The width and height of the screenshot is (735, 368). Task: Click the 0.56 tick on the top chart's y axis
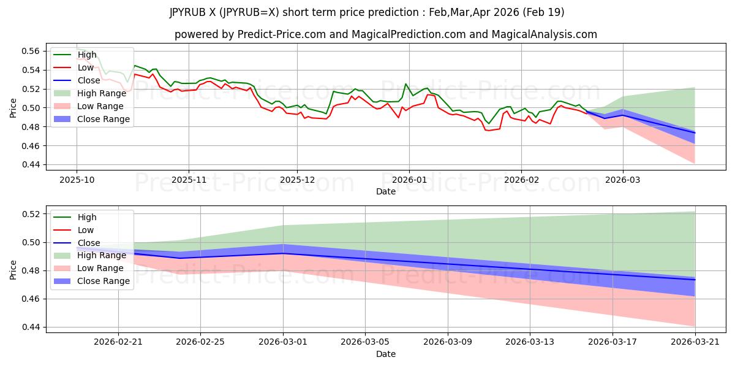pos(31,51)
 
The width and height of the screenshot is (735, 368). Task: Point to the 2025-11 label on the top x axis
pos(189,180)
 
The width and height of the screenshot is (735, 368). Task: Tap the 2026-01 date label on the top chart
pos(409,180)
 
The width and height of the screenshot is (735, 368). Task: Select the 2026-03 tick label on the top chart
pos(622,180)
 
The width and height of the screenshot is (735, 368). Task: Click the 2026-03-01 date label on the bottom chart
pos(283,342)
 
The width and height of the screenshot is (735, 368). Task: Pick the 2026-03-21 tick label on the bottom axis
pos(695,342)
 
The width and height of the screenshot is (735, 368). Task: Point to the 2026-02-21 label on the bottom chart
pos(118,342)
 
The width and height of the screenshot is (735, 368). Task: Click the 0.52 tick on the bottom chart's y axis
pos(31,214)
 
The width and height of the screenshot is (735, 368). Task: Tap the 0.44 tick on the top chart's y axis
pos(31,164)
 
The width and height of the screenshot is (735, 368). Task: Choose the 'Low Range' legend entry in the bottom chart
pos(89,268)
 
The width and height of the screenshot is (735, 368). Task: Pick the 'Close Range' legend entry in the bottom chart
pos(91,281)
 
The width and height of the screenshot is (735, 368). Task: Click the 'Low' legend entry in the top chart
pos(73,67)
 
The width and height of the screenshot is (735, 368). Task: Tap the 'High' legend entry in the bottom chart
pos(75,217)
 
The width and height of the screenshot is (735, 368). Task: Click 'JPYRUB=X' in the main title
pos(249,12)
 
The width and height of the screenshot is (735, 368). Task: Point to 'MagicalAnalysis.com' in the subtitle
pos(544,34)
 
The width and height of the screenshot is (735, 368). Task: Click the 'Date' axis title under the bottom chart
pos(386,354)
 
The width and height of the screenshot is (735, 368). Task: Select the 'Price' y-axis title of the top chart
pos(13,108)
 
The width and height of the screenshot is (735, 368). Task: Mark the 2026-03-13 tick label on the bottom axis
pos(530,342)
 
